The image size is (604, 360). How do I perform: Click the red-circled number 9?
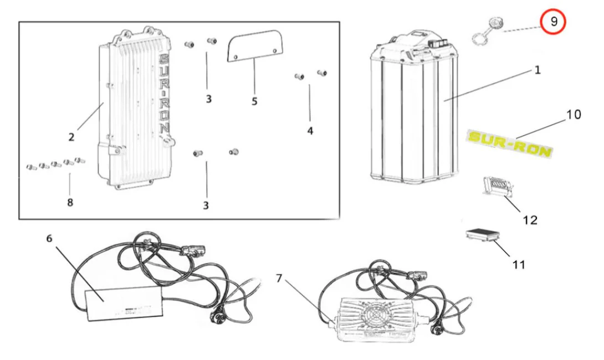pyautogui.click(x=554, y=22)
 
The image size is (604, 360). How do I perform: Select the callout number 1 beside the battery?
pyautogui.click(x=537, y=70)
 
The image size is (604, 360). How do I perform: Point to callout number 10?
pyautogui.click(x=573, y=115)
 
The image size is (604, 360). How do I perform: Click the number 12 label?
pyautogui.click(x=530, y=220)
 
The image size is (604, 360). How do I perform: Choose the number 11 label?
pyautogui.click(x=518, y=264)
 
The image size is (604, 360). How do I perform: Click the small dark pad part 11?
pyautogui.click(x=482, y=235)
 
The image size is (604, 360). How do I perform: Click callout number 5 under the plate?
pyautogui.click(x=254, y=101)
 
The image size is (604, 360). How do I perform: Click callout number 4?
pyautogui.click(x=310, y=131)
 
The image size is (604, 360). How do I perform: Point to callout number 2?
pyautogui.click(x=71, y=137)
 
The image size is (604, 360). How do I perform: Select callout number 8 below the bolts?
pyautogui.click(x=70, y=202)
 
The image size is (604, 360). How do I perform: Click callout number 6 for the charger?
pyautogui.click(x=49, y=238)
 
